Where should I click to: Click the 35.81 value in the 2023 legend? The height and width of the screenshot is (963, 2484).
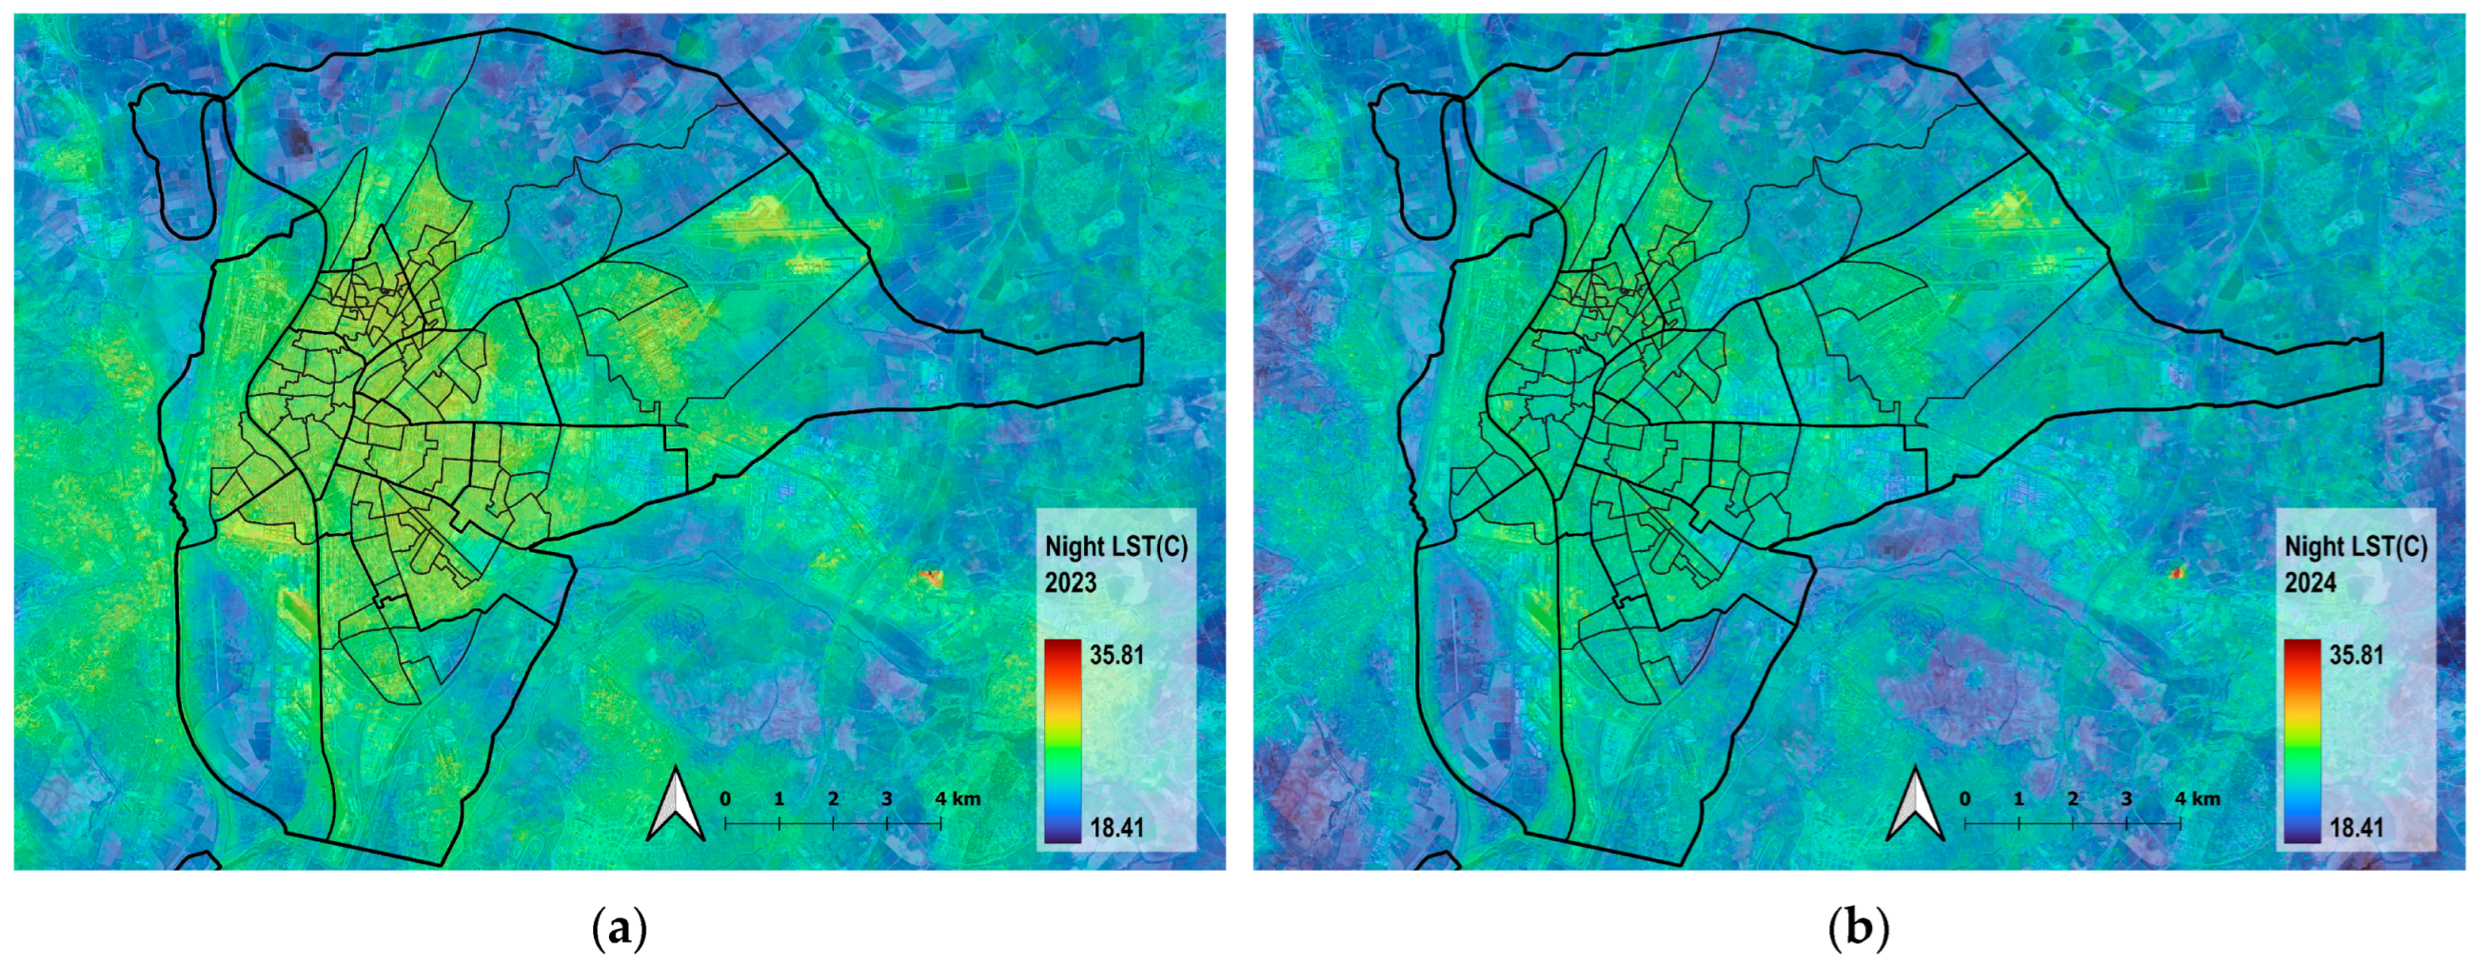[1115, 656]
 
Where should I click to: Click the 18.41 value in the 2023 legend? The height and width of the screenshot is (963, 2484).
[1115, 828]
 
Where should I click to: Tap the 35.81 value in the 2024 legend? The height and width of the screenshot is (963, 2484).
[2356, 656]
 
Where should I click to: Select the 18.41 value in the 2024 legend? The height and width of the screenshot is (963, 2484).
[2356, 828]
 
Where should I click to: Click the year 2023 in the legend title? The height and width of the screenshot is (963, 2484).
[1071, 583]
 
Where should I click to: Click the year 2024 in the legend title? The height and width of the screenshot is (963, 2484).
[2311, 583]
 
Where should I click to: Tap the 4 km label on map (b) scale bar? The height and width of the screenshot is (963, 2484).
[2197, 799]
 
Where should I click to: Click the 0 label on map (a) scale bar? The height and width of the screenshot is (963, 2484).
[725, 799]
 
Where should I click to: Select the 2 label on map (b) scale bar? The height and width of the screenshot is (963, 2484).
[2072, 799]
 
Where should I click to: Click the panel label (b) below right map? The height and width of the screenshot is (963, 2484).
[1858, 931]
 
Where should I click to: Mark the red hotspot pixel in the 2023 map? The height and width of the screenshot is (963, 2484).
[931, 578]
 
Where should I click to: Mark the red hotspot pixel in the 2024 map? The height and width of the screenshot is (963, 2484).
[2176, 573]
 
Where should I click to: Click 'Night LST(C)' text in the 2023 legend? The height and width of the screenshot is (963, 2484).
[1115, 547]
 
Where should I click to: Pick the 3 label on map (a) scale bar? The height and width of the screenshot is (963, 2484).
[886, 799]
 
